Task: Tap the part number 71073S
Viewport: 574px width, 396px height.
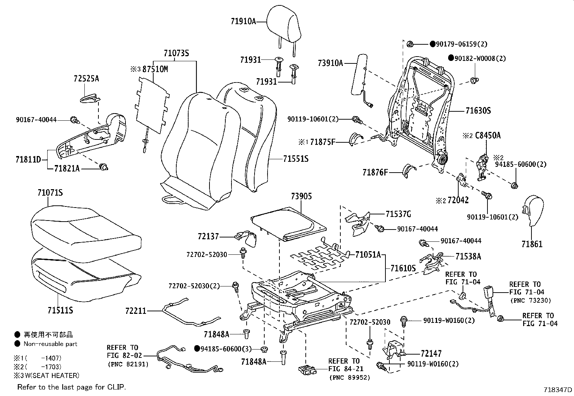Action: click(x=176, y=53)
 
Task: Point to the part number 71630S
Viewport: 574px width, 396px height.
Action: click(x=478, y=111)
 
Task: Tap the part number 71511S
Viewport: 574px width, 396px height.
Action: click(x=60, y=310)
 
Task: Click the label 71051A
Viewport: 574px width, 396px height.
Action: click(x=368, y=255)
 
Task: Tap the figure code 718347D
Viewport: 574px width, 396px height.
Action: click(x=558, y=390)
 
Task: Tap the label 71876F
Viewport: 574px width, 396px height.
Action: click(x=375, y=173)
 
